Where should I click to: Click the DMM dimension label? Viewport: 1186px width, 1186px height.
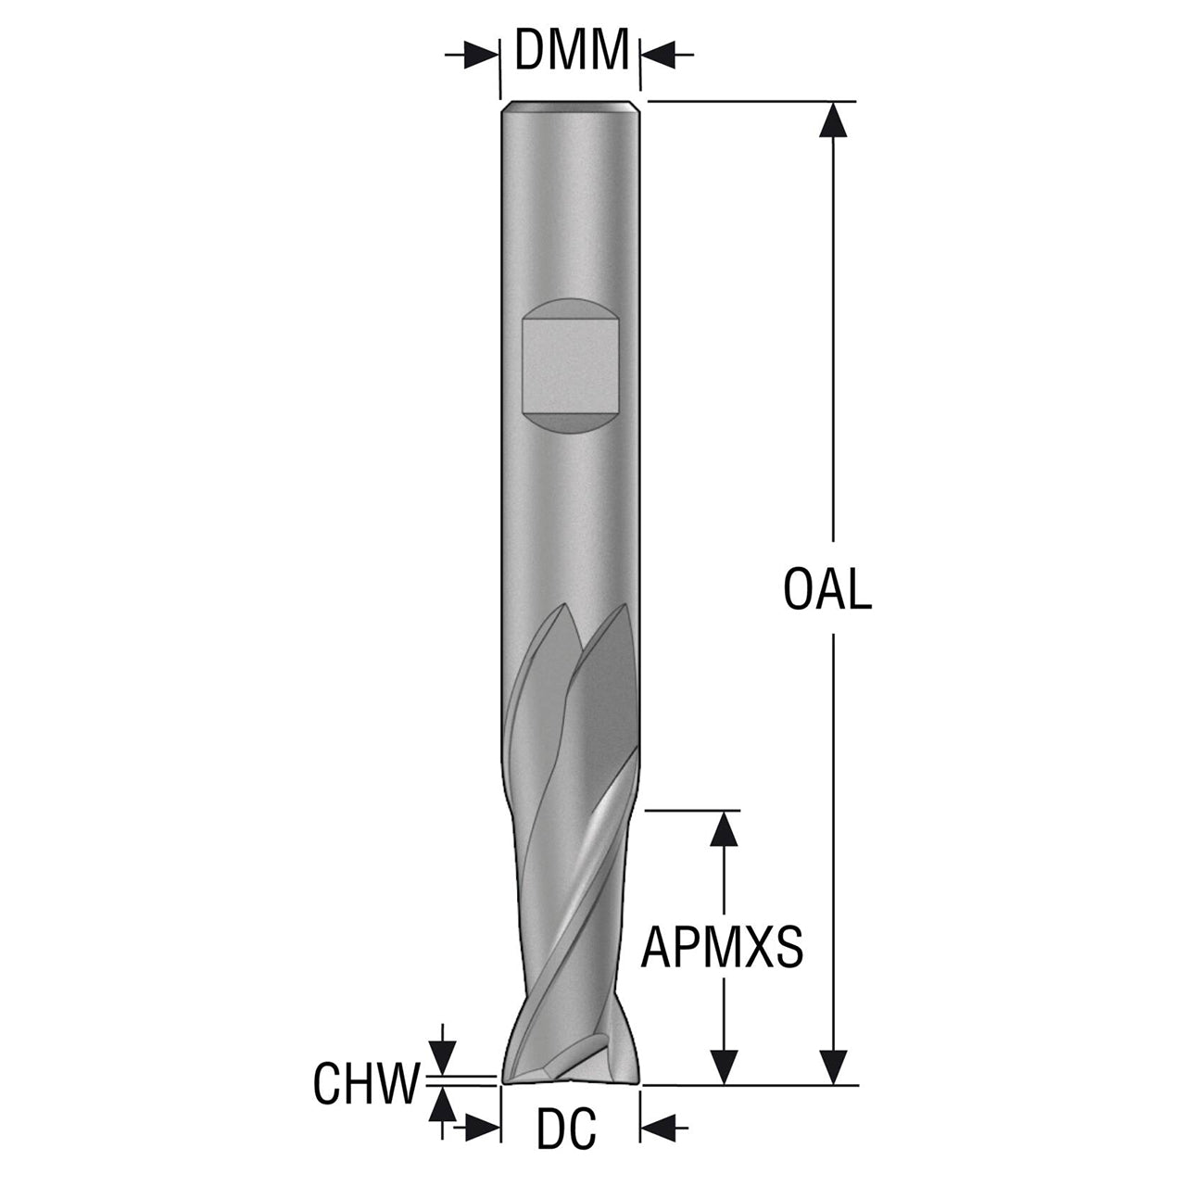click(572, 49)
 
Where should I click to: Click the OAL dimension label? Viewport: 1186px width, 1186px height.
click(827, 589)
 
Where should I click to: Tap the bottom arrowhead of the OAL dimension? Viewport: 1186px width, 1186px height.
click(834, 1067)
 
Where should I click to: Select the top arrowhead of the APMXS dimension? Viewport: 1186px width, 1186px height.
click(724, 829)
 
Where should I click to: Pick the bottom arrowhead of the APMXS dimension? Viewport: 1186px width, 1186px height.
click(724, 1067)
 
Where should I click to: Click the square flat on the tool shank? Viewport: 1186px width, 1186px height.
click(570, 366)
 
